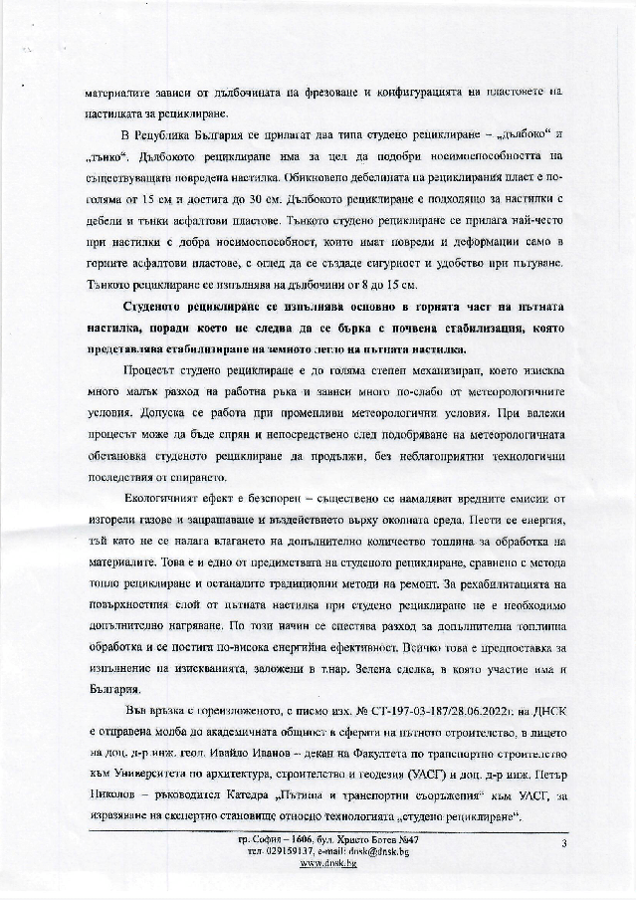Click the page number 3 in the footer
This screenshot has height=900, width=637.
click(x=563, y=843)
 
